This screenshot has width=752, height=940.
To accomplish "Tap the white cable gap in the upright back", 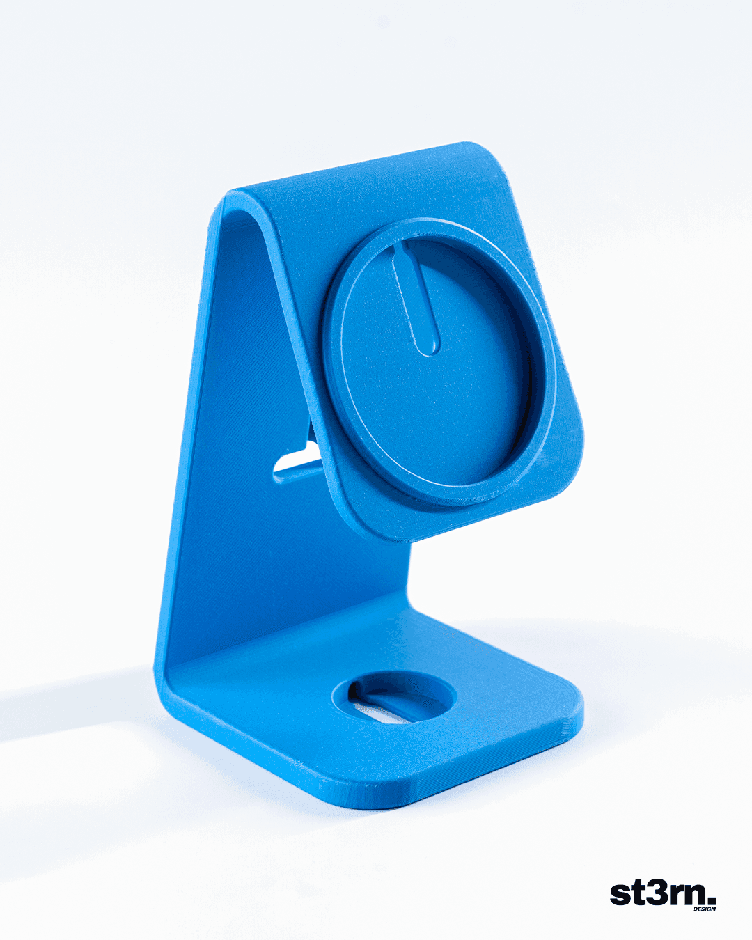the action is pos(297,465).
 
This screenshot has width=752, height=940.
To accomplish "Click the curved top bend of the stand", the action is pos(238,205).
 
